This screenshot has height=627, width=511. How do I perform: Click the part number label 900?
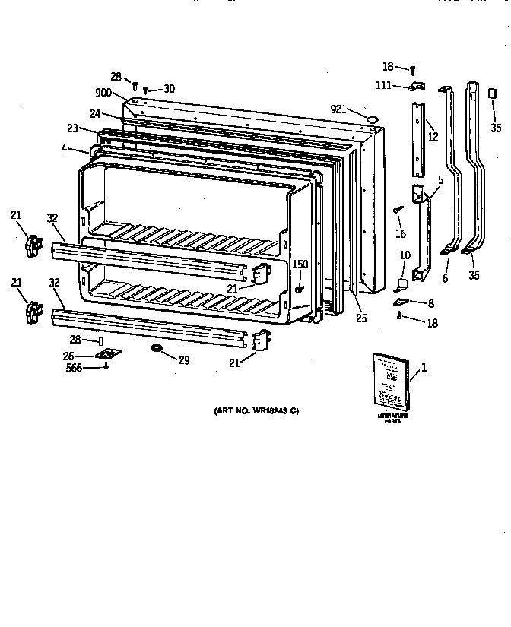[x=104, y=93]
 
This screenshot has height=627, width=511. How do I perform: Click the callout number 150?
[x=300, y=264]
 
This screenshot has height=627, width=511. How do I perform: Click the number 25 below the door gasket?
[x=361, y=318]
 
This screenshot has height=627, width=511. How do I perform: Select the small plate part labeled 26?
[x=106, y=354]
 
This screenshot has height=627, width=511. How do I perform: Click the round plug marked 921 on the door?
[x=373, y=119]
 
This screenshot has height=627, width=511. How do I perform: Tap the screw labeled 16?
[x=396, y=209]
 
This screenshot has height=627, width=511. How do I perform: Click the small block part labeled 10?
[x=401, y=284]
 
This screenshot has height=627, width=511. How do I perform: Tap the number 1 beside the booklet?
[x=424, y=369]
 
